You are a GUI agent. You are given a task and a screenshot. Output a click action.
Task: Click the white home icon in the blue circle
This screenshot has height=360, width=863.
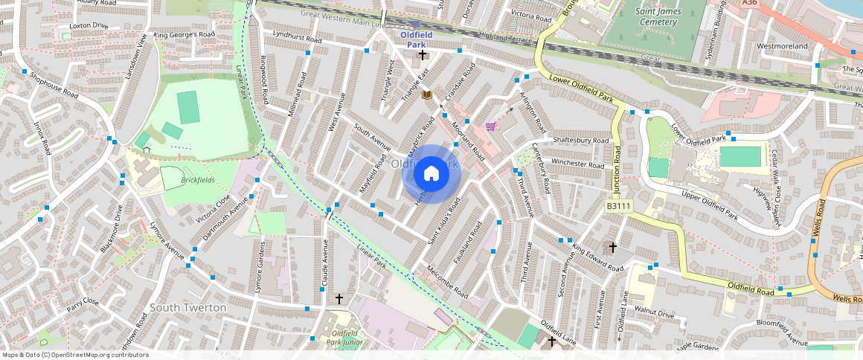coord(431,174)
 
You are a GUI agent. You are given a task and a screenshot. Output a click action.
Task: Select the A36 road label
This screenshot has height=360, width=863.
coord(750,4)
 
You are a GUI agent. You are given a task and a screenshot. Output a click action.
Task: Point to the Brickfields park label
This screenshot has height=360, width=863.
coord(197,181)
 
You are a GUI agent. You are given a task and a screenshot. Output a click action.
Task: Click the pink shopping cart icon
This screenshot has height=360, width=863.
coord(490,126)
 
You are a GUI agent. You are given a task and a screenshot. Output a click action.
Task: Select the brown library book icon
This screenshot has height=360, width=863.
coord(427,94)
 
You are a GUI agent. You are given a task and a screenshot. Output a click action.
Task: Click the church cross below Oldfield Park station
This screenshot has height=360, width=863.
coord(422,55)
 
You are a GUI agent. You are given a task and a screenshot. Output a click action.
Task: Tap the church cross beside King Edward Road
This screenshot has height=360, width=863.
coord(613,247)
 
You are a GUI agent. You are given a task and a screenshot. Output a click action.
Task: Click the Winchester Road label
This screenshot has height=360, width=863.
coord(578,164)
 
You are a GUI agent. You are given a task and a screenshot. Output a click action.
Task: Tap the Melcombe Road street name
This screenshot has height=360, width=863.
coord(446,280)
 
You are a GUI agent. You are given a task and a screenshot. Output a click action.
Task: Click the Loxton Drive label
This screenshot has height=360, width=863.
coord(89,26)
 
